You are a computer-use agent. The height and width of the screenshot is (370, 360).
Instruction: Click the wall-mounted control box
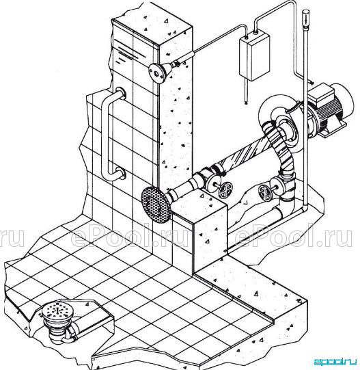pos(255,57)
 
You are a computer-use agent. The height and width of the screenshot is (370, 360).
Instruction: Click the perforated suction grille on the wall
pos(155,204)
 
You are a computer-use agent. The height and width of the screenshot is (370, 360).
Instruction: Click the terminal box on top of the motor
pos(321,94)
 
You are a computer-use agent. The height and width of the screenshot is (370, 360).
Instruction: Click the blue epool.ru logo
pos(335,362)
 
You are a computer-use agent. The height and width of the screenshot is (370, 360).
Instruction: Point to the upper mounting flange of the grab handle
pos(121,93)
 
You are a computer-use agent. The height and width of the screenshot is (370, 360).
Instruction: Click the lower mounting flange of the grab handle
pos(120,173)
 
